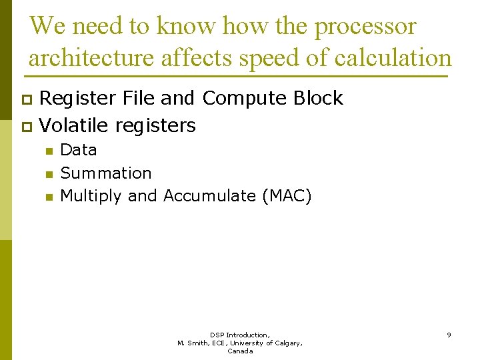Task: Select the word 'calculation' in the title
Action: tap(393, 58)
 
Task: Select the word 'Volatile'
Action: tap(75, 125)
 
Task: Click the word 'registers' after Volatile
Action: tap(155, 125)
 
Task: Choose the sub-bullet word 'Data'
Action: tap(78, 150)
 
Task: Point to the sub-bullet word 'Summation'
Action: tap(106, 173)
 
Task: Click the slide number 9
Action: tap(449, 335)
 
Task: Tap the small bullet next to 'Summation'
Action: tap(48, 174)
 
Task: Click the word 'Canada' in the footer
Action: tap(240, 351)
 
